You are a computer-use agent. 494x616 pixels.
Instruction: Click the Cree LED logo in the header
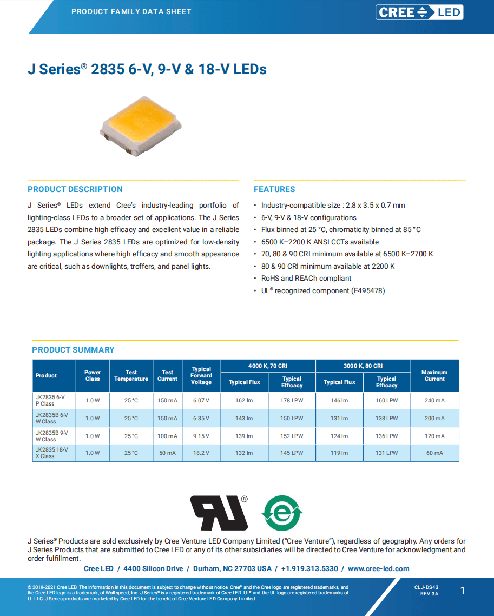[x=419, y=12]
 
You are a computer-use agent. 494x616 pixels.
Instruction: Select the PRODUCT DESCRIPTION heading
[x=75, y=189]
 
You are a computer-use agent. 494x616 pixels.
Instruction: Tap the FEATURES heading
[x=274, y=189]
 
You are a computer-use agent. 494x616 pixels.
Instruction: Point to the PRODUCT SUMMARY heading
[x=73, y=350]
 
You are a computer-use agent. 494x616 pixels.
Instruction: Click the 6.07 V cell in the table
[x=201, y=401]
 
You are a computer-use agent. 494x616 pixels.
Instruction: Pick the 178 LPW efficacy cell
[x=292, y=401]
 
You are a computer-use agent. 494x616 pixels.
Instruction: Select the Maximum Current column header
[x=434, y=375]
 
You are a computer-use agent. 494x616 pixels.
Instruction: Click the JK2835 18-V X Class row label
[x=52, y=453]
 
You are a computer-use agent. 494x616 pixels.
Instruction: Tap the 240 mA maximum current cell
[x=434, y=401]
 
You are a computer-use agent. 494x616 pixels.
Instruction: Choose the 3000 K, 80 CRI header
[x=363, y=366]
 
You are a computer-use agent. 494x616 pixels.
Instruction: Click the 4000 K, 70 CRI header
[x=268, y=366]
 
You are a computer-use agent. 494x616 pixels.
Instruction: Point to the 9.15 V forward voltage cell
[x=201, y=436]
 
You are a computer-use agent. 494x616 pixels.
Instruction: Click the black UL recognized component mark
[x=219, y=512]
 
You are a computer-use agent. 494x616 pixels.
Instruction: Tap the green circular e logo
[x=282, y=513]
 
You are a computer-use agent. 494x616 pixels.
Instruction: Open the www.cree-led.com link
[x=378, y=568]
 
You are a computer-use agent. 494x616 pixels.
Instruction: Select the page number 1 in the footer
[x=463, y=591]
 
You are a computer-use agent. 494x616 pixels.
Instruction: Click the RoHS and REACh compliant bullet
[x=306, y=279]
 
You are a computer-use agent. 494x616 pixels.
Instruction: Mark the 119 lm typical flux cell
[x=339, y=453]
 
